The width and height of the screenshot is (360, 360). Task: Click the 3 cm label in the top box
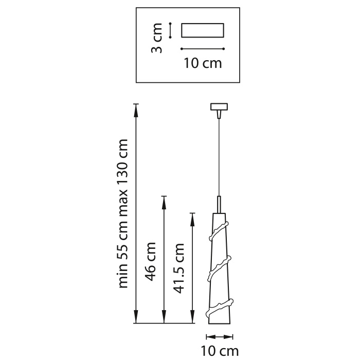point(158,38)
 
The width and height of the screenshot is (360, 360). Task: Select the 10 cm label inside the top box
point(202,63)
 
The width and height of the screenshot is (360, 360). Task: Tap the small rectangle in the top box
point(203,30)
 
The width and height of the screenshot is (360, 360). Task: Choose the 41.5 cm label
point(179,267)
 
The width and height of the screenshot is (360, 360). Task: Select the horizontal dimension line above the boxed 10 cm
point(203,49)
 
